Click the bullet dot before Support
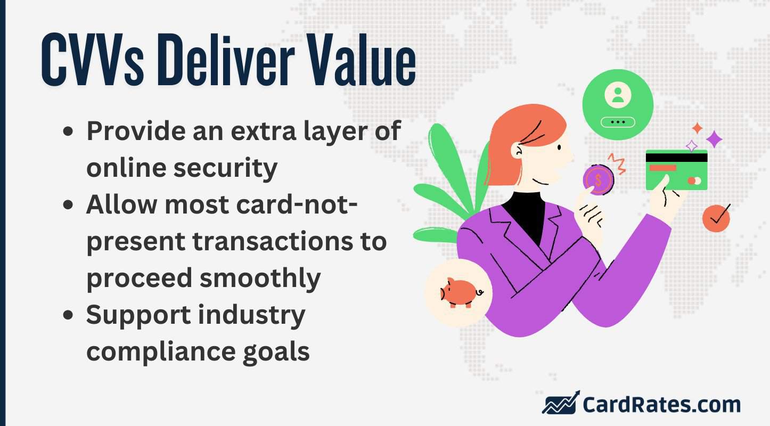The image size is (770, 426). click(68, 316)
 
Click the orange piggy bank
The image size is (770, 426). click(458, 292)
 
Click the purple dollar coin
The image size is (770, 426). click(598, 179)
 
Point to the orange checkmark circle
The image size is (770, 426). click(716, 218)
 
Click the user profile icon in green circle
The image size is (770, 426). click(618, 96)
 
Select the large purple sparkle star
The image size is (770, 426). click(714, 140)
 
